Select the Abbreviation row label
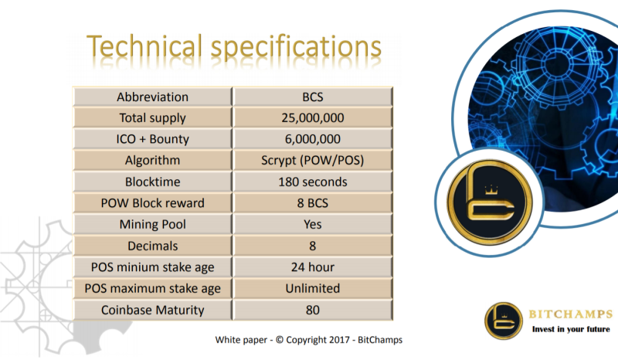[152, 97]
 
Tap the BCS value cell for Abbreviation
[313, 97]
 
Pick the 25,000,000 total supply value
[313, 118]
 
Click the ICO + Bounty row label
[152, 139]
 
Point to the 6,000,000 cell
[313, 139]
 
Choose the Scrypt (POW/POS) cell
[313, 161]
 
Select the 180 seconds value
[313, 182]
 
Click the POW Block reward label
[152, 203]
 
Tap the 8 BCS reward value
[313, 203]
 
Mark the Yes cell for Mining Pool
[313, 224]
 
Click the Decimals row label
[152, 246]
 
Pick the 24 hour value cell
[313, 267]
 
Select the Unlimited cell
[313, 289]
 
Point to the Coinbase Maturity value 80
[313, 310]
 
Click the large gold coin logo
[490, 202]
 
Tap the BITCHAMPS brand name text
[571, 314]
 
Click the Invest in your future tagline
[571, 329]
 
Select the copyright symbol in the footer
[280, 340]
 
